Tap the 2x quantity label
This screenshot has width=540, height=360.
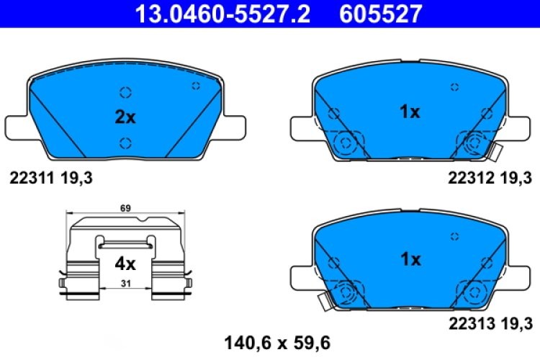(x=125, y=117)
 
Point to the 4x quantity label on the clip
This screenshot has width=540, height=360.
(x=125, y=264)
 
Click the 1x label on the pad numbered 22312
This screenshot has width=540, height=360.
(x=410, y=112)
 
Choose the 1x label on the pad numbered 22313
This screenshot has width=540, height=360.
(x=410, y=259)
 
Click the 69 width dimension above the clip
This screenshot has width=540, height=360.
(x=125, y=208)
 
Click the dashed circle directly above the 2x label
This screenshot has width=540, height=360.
(x=125, y=92)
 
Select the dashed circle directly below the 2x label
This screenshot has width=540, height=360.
(x=125, y=141)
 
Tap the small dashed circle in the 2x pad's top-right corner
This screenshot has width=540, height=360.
(x=195, y=86)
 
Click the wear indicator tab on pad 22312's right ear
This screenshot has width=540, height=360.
(x=495, y=152)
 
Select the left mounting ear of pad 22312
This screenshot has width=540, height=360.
(x=301, y=128)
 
